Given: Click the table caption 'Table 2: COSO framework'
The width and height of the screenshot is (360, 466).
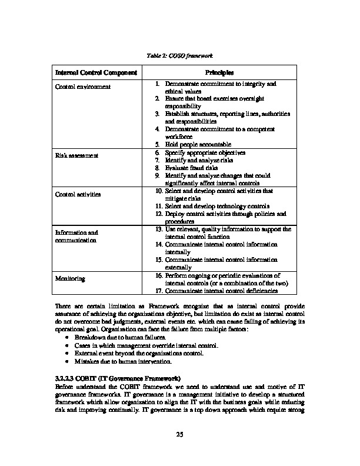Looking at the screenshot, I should tap(179, 55).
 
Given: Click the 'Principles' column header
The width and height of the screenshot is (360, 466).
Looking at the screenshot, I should tap(219, 72).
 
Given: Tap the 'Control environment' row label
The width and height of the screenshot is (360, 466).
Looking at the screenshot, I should tap(83, 87).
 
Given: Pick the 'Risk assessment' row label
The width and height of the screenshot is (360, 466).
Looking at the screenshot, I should tap(77, 155).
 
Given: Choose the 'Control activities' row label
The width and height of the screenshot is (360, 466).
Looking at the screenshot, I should tap(78, 194).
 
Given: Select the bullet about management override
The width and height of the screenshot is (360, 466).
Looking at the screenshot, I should tap(146, 345).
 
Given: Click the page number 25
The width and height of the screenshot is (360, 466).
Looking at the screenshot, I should tap(180, 434).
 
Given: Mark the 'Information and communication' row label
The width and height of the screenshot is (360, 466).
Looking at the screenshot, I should tap(76, 237).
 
